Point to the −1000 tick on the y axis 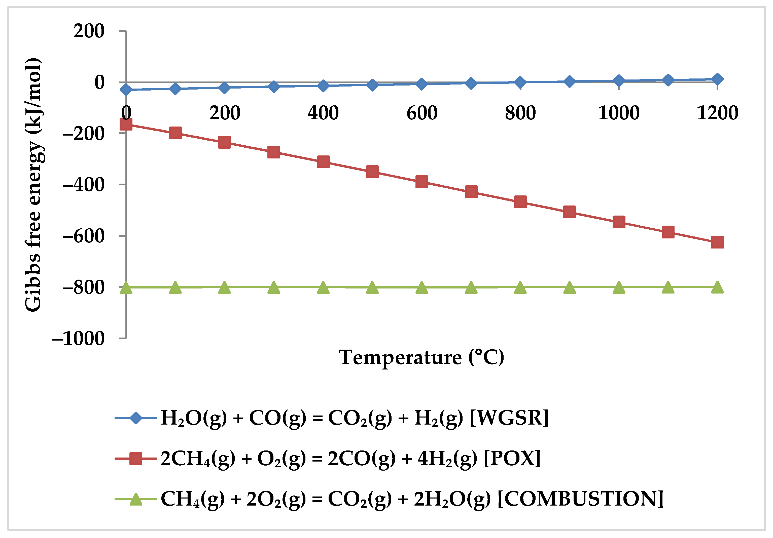78,339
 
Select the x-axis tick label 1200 717,113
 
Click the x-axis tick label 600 421,113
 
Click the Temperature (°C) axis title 421,357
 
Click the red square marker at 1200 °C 717,242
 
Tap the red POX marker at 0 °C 126,124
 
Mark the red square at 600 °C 421,182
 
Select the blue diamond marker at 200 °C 224,88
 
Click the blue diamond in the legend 136,418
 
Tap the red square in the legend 136,459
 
